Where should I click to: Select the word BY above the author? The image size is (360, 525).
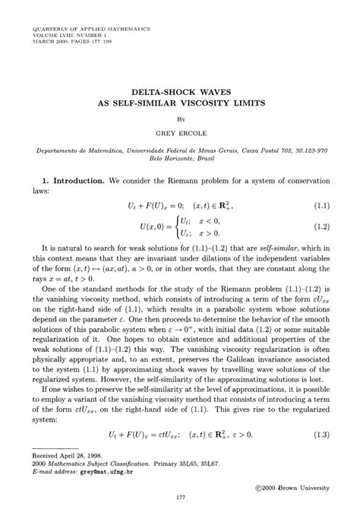181,119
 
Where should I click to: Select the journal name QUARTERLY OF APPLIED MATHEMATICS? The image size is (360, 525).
91,28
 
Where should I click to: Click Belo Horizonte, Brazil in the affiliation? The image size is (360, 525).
180,158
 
